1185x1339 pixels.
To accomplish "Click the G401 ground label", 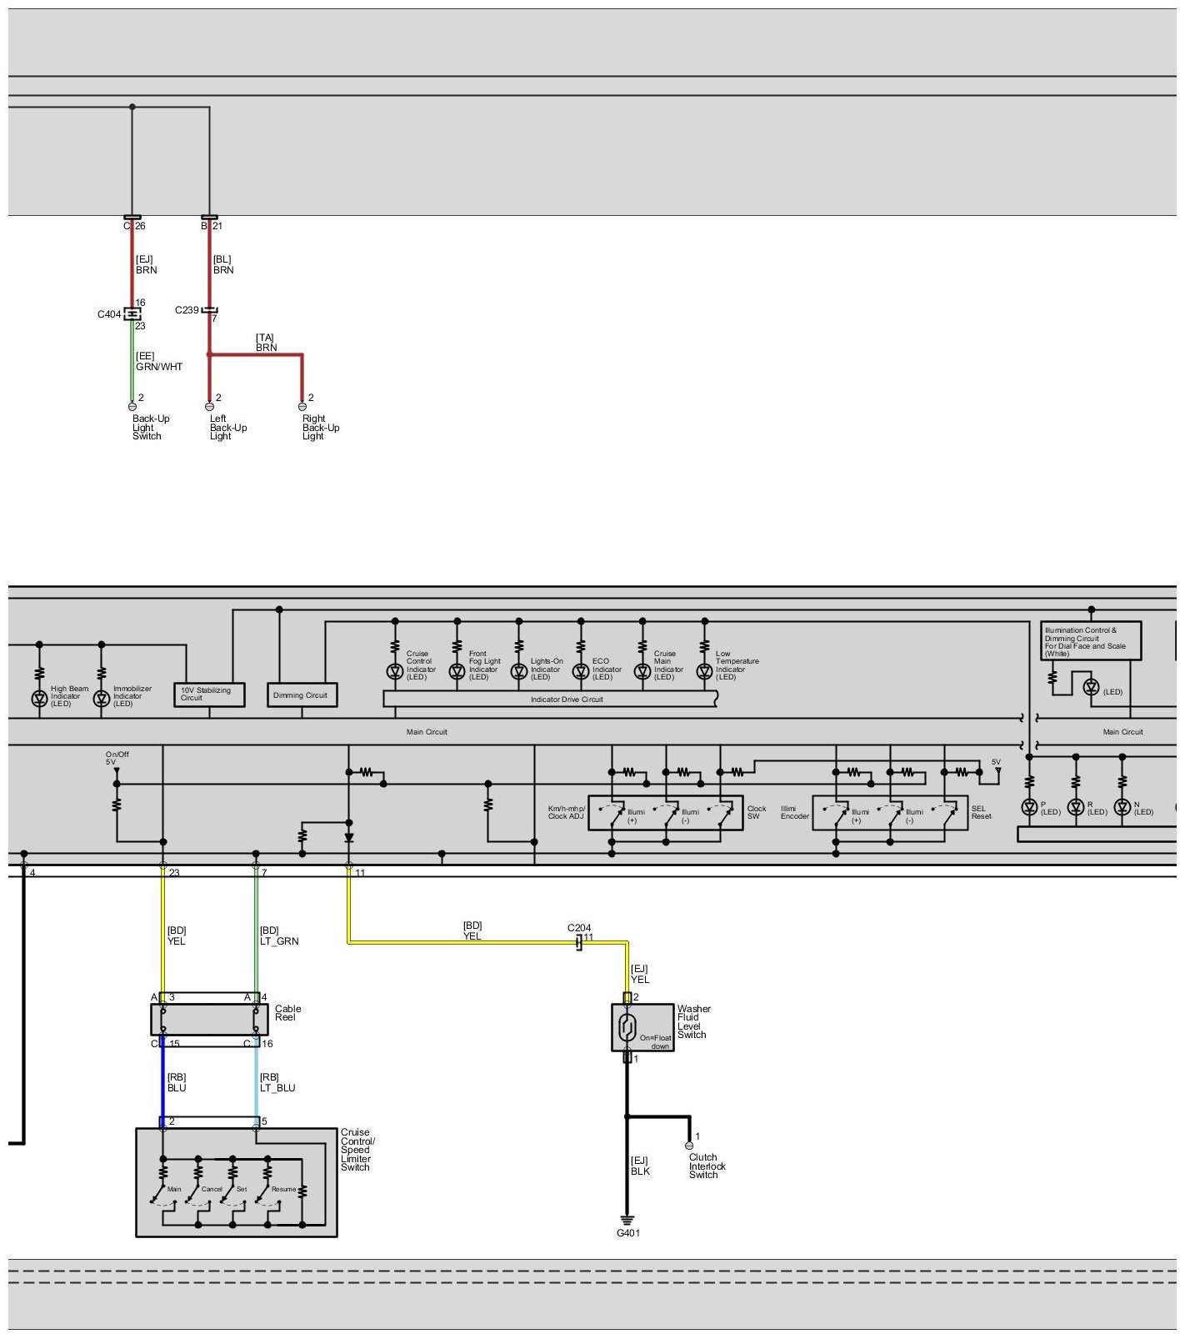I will click(628, 1233).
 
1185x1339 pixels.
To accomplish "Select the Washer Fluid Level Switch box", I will click(642, 1027).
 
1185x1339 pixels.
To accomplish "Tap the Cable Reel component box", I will click(210, 1019).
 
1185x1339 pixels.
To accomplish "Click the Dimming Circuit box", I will click(302, 695).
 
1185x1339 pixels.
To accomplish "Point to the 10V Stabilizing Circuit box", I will click(209, 695).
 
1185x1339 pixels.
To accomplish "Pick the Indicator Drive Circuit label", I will click(567, 700).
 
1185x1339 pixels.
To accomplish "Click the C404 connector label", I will click(109, 314).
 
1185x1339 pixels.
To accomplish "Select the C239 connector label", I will click(187, 310).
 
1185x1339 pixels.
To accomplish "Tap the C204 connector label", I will click(579, 928).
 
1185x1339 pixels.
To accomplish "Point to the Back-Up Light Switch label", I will click(150, 428).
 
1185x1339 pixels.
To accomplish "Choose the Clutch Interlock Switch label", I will click(707, 1166).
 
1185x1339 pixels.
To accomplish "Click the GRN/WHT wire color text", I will click(159, 367).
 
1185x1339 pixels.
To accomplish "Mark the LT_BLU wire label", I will click(277, 1088).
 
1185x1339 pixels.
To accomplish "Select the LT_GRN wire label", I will click(279, 941).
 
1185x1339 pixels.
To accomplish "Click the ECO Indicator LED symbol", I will click(581, 671).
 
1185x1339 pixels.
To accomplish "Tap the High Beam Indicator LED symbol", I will click(39, 699).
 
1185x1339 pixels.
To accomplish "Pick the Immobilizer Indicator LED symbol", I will click(102, 699).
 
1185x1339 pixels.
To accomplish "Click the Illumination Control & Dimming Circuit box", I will click(1090, 641).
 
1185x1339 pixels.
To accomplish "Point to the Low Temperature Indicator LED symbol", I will click(705, 671).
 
